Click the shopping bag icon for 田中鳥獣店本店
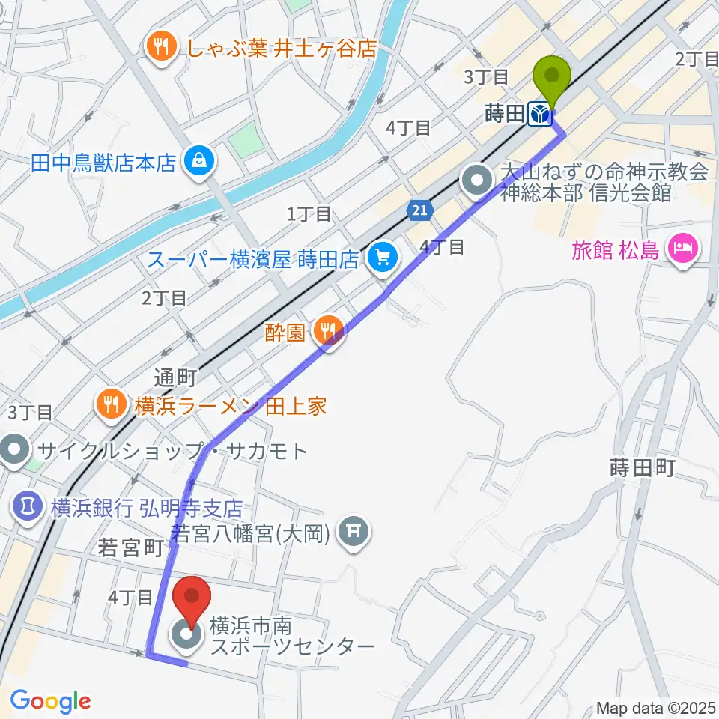click(x=200, y=161)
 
